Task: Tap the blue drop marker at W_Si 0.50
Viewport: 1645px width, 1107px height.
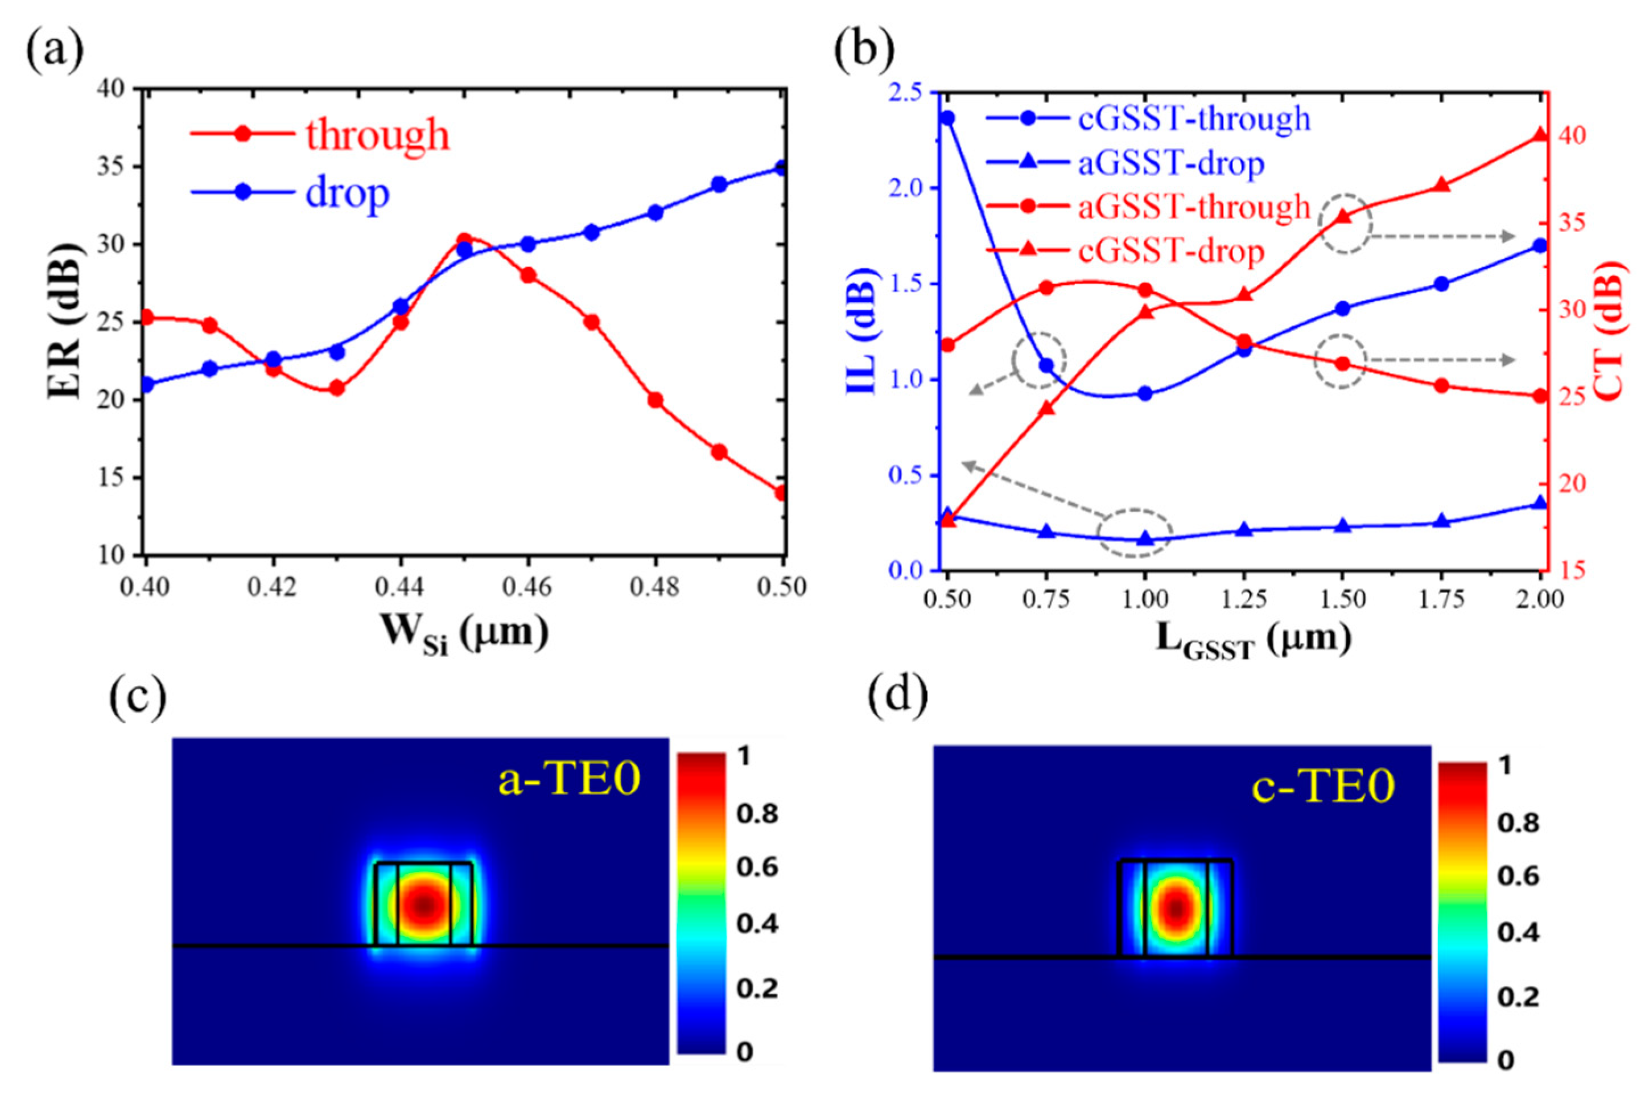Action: click(x=781, y=167)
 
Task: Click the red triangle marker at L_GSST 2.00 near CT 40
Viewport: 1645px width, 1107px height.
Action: click(x=1540, y=135)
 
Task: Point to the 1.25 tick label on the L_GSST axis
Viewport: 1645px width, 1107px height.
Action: click(x=1243, y=599)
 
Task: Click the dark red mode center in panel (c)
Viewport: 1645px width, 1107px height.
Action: click(x=424, y=904)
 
